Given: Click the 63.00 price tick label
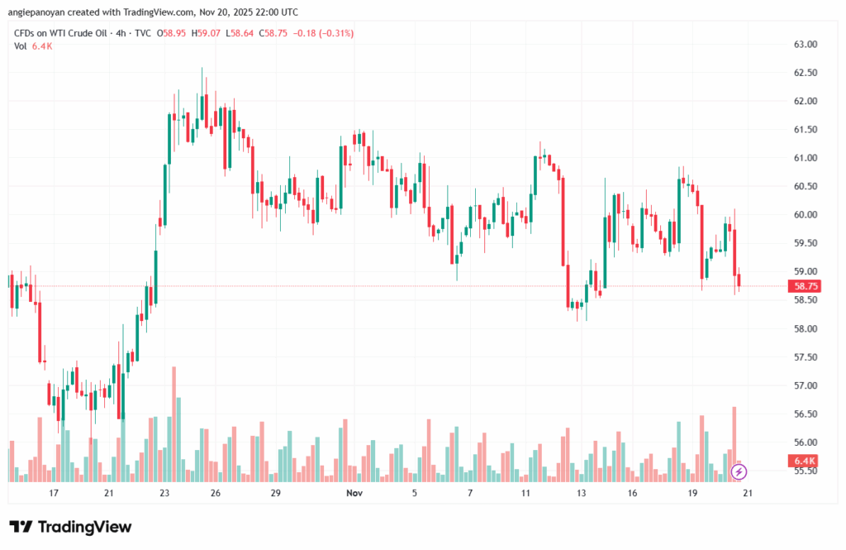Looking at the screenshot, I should pyautogui.click(x=806, y=44).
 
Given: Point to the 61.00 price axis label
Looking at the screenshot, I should pyautogui.click(x=806, y=158).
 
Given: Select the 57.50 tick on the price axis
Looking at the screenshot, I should pyautogui.click(x=806, y=357).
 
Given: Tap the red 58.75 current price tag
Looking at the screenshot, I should pyautogui.click(x=806, y=285).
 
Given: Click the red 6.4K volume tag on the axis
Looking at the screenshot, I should pyautogui.click(x=805, y=461).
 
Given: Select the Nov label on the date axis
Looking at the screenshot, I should pyautogui.click(x=354, y=493).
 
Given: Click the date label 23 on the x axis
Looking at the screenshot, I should pyautogui.click(x=164, y=493).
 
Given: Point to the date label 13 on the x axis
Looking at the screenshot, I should pyautogui.click(x=582, y=493).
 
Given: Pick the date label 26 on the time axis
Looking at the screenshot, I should pyautogui.click(x=215, y=493).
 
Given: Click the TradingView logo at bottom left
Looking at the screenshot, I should pyautogui.click(x=70, y=527).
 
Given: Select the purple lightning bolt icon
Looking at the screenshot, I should pyautogui.click(x=739, y=471).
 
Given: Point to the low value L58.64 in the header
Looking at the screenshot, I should pyautogui.click(x=241, y=32).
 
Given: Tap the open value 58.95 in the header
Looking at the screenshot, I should pyautogui.click(x=173, y=32).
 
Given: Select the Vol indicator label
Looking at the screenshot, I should pyautogui.click(x=21, y=45).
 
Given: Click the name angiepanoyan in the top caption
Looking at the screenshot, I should pyautogui.click(x=37, y=12).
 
